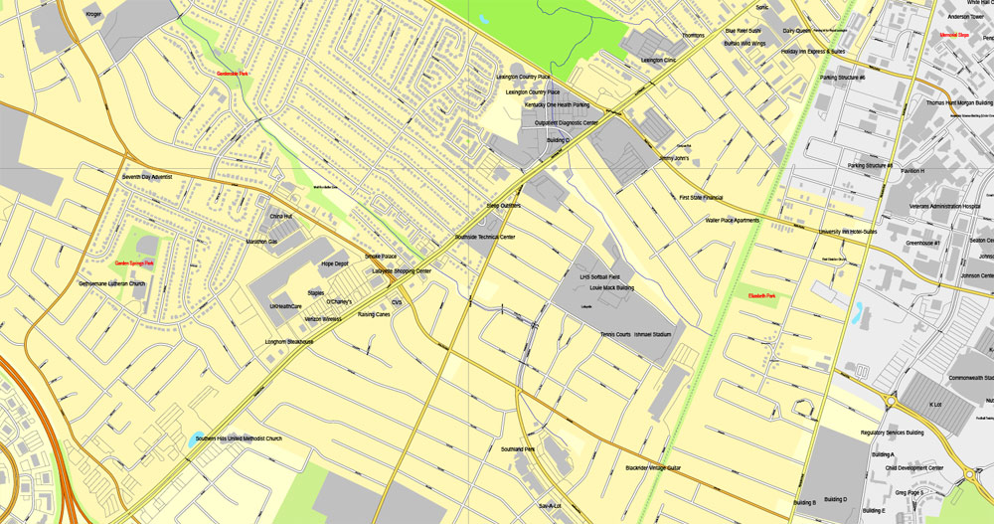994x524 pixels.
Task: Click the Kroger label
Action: [x=93, y=14]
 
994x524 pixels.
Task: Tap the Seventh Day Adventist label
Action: [x=147, y=177]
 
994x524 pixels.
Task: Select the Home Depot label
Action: [x=334, y=264]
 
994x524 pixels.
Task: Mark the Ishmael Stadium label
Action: [x=653, y=335]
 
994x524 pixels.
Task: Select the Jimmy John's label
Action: [x=673, y=157]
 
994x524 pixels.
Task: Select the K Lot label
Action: [x=934, y=404]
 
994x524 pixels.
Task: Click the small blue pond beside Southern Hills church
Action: [x=191, y=437]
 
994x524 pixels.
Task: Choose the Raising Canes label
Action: [x=374, y=315]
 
